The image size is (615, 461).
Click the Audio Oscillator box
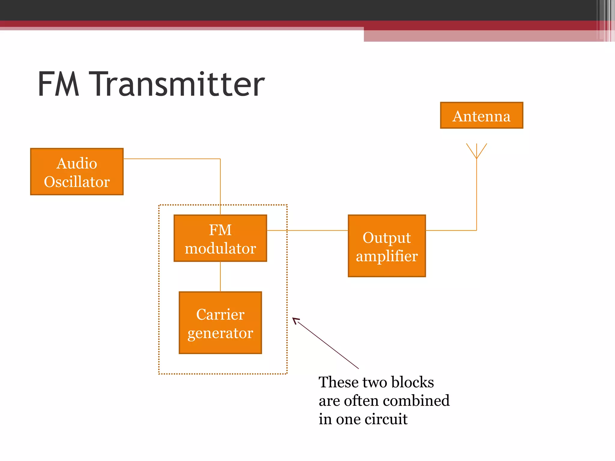[77, 172]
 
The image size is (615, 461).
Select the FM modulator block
[220, 238]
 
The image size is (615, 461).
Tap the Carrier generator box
[220, 323]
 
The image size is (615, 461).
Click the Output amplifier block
[387, 246]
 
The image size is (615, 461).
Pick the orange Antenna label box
[481, 116]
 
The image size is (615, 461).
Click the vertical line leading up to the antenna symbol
[477, 195]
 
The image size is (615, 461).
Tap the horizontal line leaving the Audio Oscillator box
[171, 159]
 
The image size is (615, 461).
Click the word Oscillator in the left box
[77, 182]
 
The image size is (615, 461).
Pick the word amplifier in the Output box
[387, 256]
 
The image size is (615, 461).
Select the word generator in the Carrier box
[220, 333]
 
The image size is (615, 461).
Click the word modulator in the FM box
[220, 249]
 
